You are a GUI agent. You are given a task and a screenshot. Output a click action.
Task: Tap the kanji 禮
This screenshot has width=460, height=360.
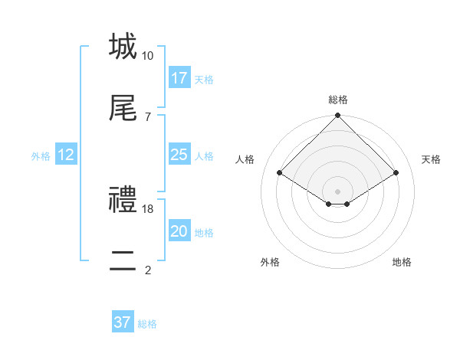[x=122, y=200]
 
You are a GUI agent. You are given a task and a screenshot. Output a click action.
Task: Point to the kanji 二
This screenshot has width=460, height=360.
[x=122, y=260]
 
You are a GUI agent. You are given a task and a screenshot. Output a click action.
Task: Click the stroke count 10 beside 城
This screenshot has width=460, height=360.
[x=147, y=56]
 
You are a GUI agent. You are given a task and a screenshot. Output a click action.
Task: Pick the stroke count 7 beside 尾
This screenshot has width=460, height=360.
[x=147, y=116]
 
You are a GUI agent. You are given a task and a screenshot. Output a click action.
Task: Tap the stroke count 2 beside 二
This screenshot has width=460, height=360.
[x=147, y=270]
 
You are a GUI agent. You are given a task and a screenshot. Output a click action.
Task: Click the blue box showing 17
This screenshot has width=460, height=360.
[x=179, y=78]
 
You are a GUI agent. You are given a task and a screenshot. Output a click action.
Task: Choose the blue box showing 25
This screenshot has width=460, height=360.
[x=179, y=155]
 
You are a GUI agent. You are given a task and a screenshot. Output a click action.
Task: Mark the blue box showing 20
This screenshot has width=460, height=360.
[x=179, y=231]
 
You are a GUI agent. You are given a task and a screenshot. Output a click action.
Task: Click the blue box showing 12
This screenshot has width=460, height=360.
[x=65, y=155]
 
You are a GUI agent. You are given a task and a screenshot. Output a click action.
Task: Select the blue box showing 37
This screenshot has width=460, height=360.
[x=123, y=322]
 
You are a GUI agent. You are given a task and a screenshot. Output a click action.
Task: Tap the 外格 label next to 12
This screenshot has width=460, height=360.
[x=41, y=156]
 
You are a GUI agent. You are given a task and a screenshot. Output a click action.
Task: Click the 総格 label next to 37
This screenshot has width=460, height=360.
[x=147, y=324]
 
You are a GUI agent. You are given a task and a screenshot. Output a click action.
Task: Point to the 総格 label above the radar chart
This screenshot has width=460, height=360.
[x=338, y=100]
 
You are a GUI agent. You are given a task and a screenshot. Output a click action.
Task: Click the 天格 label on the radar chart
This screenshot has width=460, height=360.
[x=432, y=159]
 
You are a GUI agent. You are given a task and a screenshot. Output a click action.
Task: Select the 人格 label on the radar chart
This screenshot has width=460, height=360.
[x=245, y=159]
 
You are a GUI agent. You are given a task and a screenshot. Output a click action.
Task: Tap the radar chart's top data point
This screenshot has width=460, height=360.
[x=338, y=116]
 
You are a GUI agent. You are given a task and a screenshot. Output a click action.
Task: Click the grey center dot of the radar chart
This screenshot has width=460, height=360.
[x=338, y=191]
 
